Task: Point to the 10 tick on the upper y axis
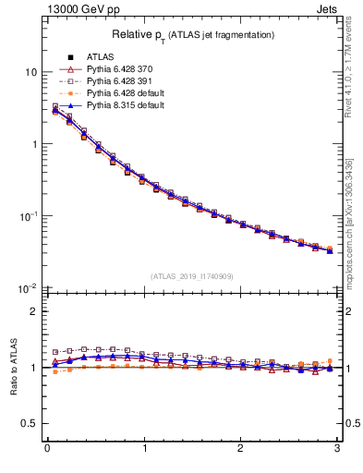click(30, 72)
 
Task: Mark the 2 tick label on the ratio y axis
click(33, 311)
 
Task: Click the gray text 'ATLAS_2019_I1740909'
click(192, 276)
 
